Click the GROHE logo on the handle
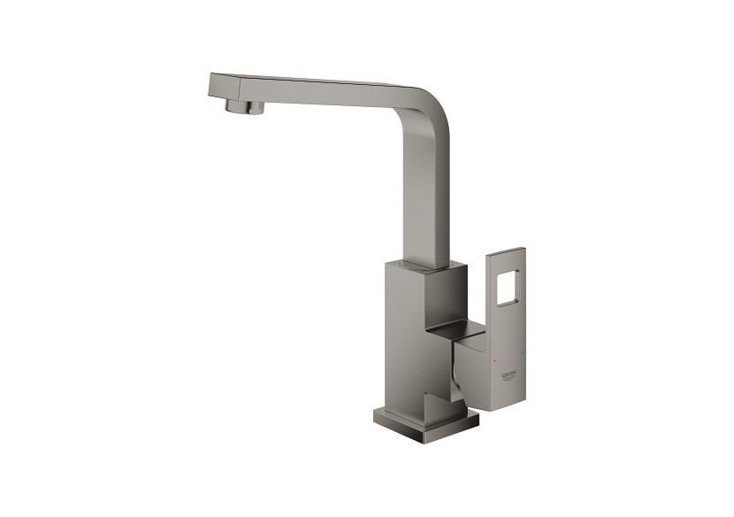pyautogui.click(x=513, y=377)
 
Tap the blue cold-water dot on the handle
pyautogui.click(x=522, y=355)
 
